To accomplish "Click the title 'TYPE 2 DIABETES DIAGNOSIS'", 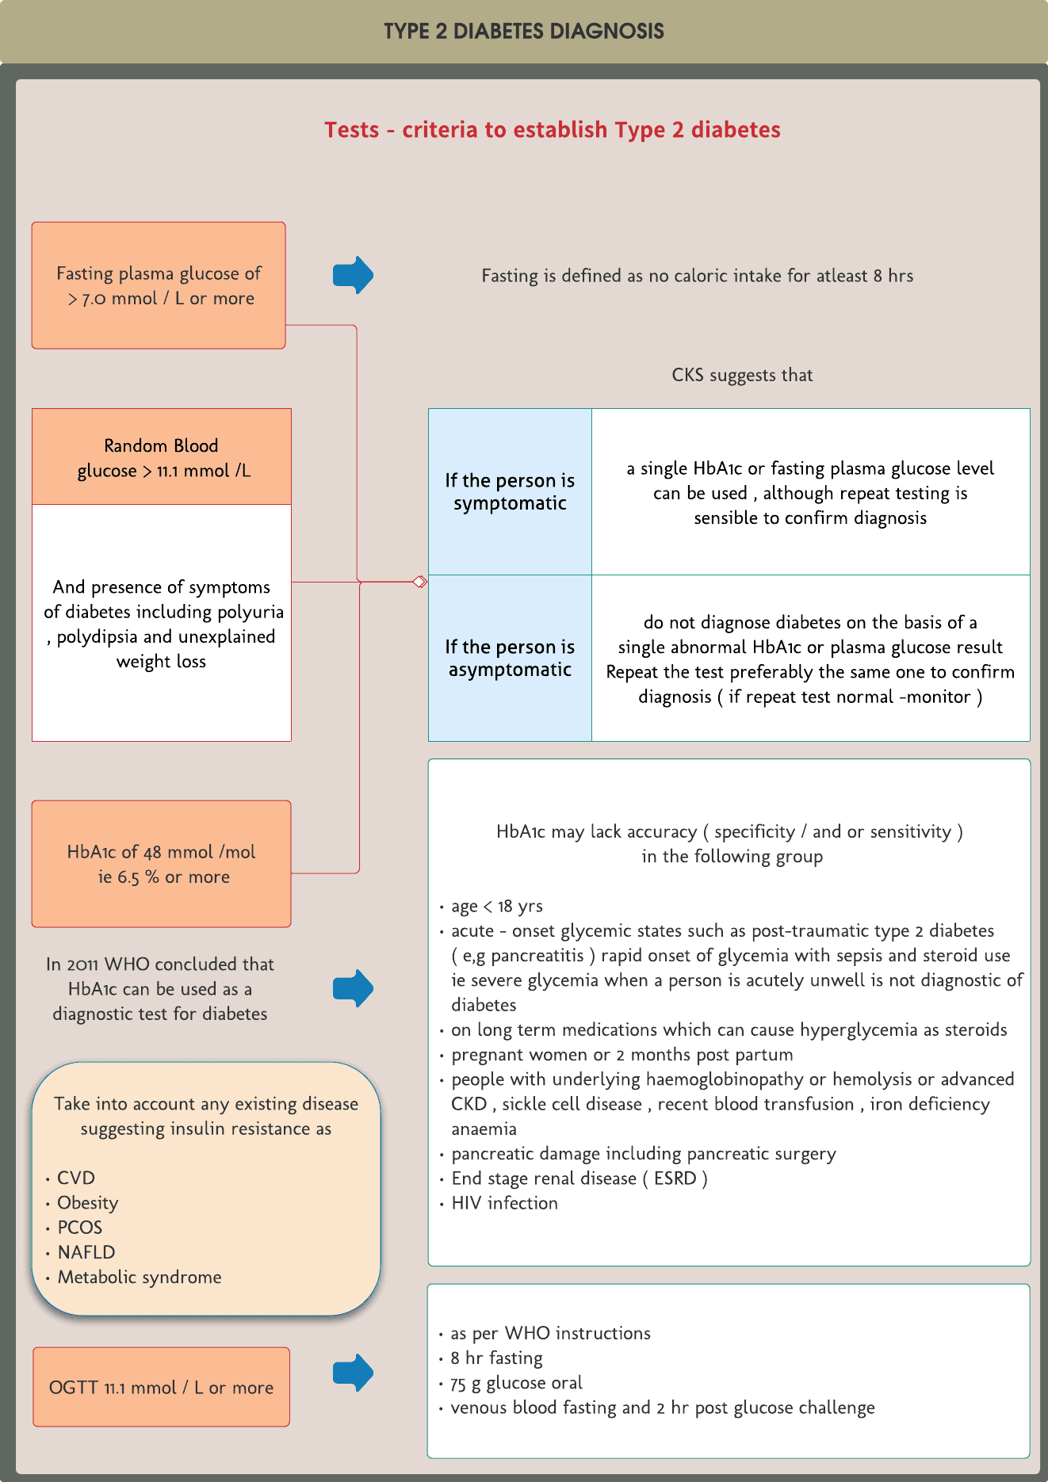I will pos(524,32).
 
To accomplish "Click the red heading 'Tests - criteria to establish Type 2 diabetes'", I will pos(552,130).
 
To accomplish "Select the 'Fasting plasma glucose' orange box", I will pos(159,285).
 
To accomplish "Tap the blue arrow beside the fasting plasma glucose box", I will pos(353,275).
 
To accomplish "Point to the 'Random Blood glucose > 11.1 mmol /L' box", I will pos(162,457).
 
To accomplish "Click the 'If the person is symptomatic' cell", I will pos(510,492).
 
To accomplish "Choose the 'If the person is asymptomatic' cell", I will pos(510,659).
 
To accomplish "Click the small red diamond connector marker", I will pos(420,582).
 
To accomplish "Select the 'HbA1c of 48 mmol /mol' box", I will pos(162,864).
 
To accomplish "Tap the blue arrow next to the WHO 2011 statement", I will pos(353,988).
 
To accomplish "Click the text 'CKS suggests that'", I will pos(742,375).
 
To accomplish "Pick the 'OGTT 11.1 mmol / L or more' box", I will pos(162,1387).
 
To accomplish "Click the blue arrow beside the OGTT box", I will pos(353,1373).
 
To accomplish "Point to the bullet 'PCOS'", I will pos(79,1228).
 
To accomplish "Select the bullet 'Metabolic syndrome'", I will pos(140,1278).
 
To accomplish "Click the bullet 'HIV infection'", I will pos(504,1203).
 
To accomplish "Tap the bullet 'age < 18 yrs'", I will pos(497,906).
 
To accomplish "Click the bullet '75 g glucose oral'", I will pos(516,1383).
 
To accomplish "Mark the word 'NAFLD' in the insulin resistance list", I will pos(86,1252).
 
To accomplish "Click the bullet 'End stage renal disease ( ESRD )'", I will pos(579,1178).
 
